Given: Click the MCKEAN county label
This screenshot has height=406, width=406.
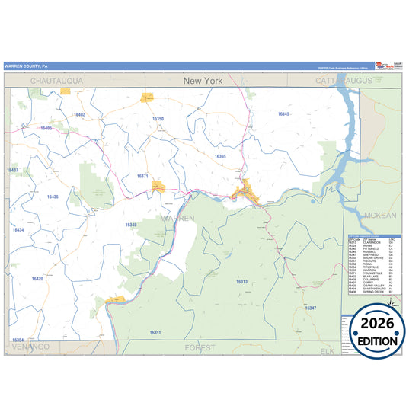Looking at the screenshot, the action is click(380, 216).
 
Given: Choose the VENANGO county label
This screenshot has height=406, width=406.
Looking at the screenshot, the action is click(30, 347).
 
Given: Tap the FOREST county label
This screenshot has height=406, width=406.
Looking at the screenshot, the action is click(200, 347).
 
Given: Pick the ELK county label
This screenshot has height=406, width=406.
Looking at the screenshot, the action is click(328, 351).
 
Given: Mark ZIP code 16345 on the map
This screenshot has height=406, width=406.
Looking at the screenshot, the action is click(283, 113).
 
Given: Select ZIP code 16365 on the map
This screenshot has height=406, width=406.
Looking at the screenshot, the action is click(220, 156).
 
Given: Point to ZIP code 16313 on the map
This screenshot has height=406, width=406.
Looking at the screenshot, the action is click(241, 282).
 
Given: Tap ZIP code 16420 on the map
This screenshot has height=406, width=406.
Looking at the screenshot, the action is click(38, 279).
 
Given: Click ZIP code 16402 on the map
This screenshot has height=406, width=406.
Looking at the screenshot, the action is click(79, 114).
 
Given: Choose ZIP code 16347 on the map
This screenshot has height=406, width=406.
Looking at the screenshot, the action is click(310, 308).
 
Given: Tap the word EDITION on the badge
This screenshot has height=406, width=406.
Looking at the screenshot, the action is click(374, 344).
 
